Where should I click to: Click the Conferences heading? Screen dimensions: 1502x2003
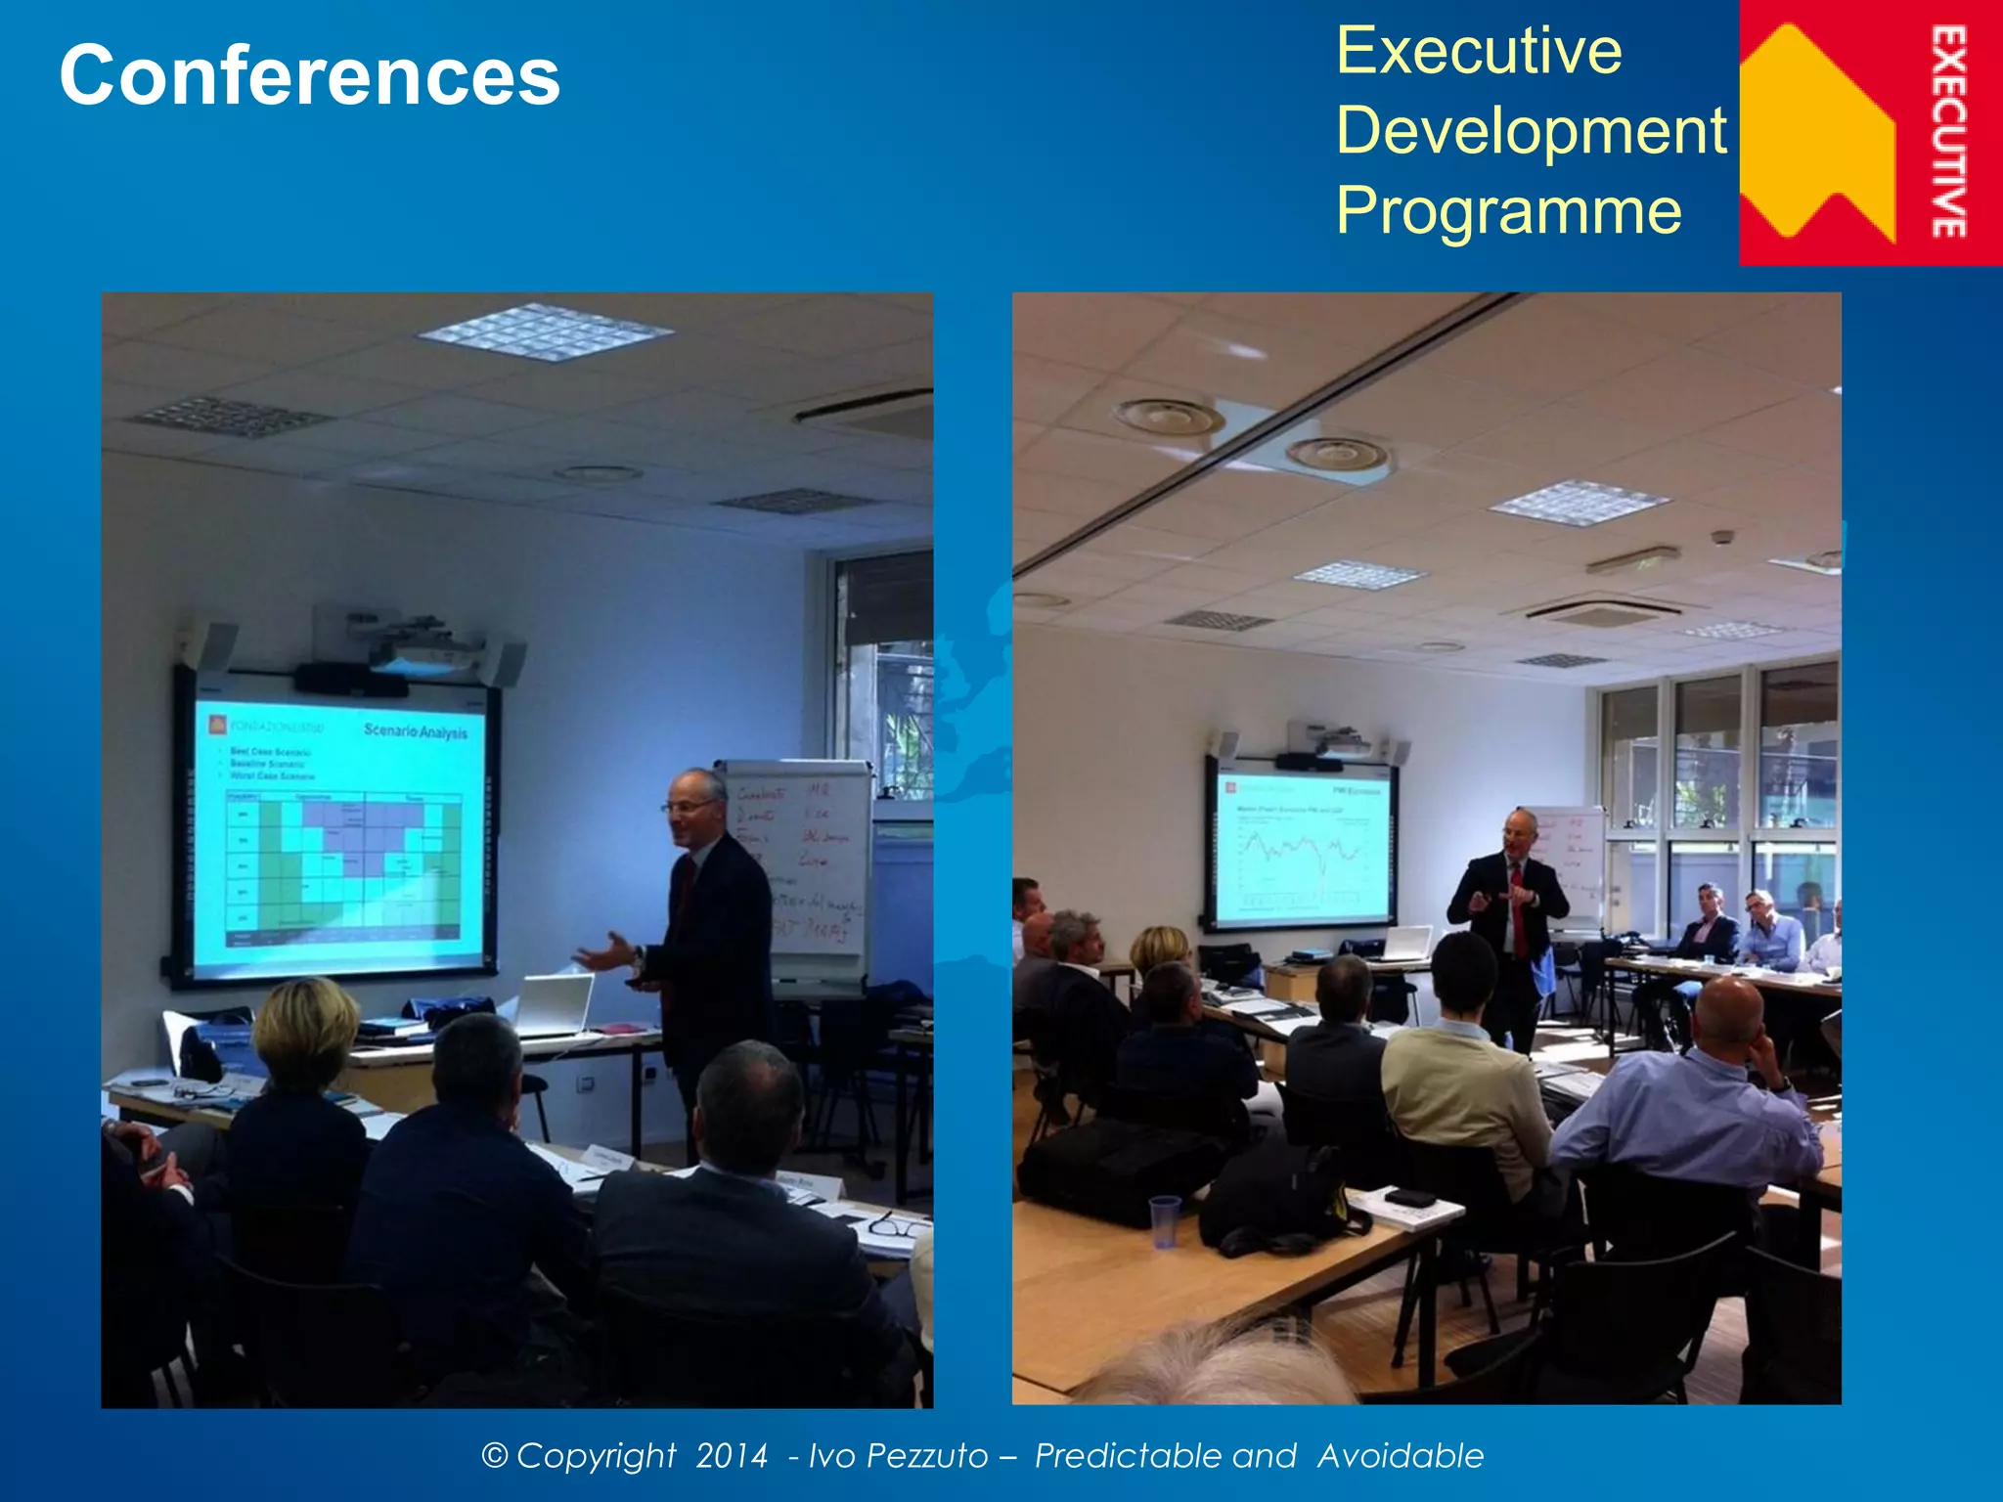[x=309, y=76]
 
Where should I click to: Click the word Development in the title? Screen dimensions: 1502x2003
[x=1531, y=130]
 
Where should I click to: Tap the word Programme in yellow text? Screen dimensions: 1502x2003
[x=1508, y=210]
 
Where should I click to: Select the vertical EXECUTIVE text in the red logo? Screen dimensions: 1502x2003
[x=1947, y=132]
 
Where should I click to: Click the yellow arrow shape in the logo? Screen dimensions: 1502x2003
[x=1816, y=132]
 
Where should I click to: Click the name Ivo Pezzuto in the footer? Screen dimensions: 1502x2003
[x=898, y=1456]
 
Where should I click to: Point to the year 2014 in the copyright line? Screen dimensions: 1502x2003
[x=732, y=1456]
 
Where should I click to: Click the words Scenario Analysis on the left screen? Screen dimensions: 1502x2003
[x=416, y=730]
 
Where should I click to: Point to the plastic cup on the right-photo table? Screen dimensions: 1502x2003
[x=1164, y=1220]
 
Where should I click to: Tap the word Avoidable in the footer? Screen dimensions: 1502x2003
[x=1400, y=1456]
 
